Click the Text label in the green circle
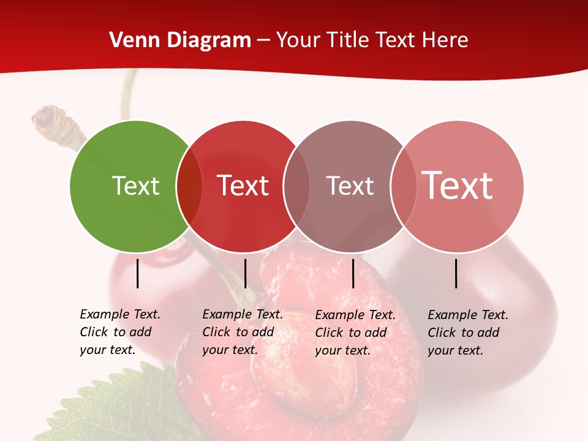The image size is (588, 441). [135, 186]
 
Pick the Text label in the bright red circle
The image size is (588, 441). [243, 186]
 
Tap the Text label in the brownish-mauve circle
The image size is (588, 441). [350, 186]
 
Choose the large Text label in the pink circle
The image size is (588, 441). [457, 186]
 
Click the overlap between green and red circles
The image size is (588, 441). [189, 186]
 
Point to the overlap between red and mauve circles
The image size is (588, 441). [296, 186]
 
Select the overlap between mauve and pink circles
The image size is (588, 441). [404, 186]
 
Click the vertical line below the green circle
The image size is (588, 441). [137, 273]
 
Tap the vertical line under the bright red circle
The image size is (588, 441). [245, 273]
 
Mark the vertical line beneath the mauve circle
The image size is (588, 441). [353, 273]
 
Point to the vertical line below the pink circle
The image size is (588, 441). [456, 273]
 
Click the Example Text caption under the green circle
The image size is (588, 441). [119, 332]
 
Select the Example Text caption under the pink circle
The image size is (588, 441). [467, 332]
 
